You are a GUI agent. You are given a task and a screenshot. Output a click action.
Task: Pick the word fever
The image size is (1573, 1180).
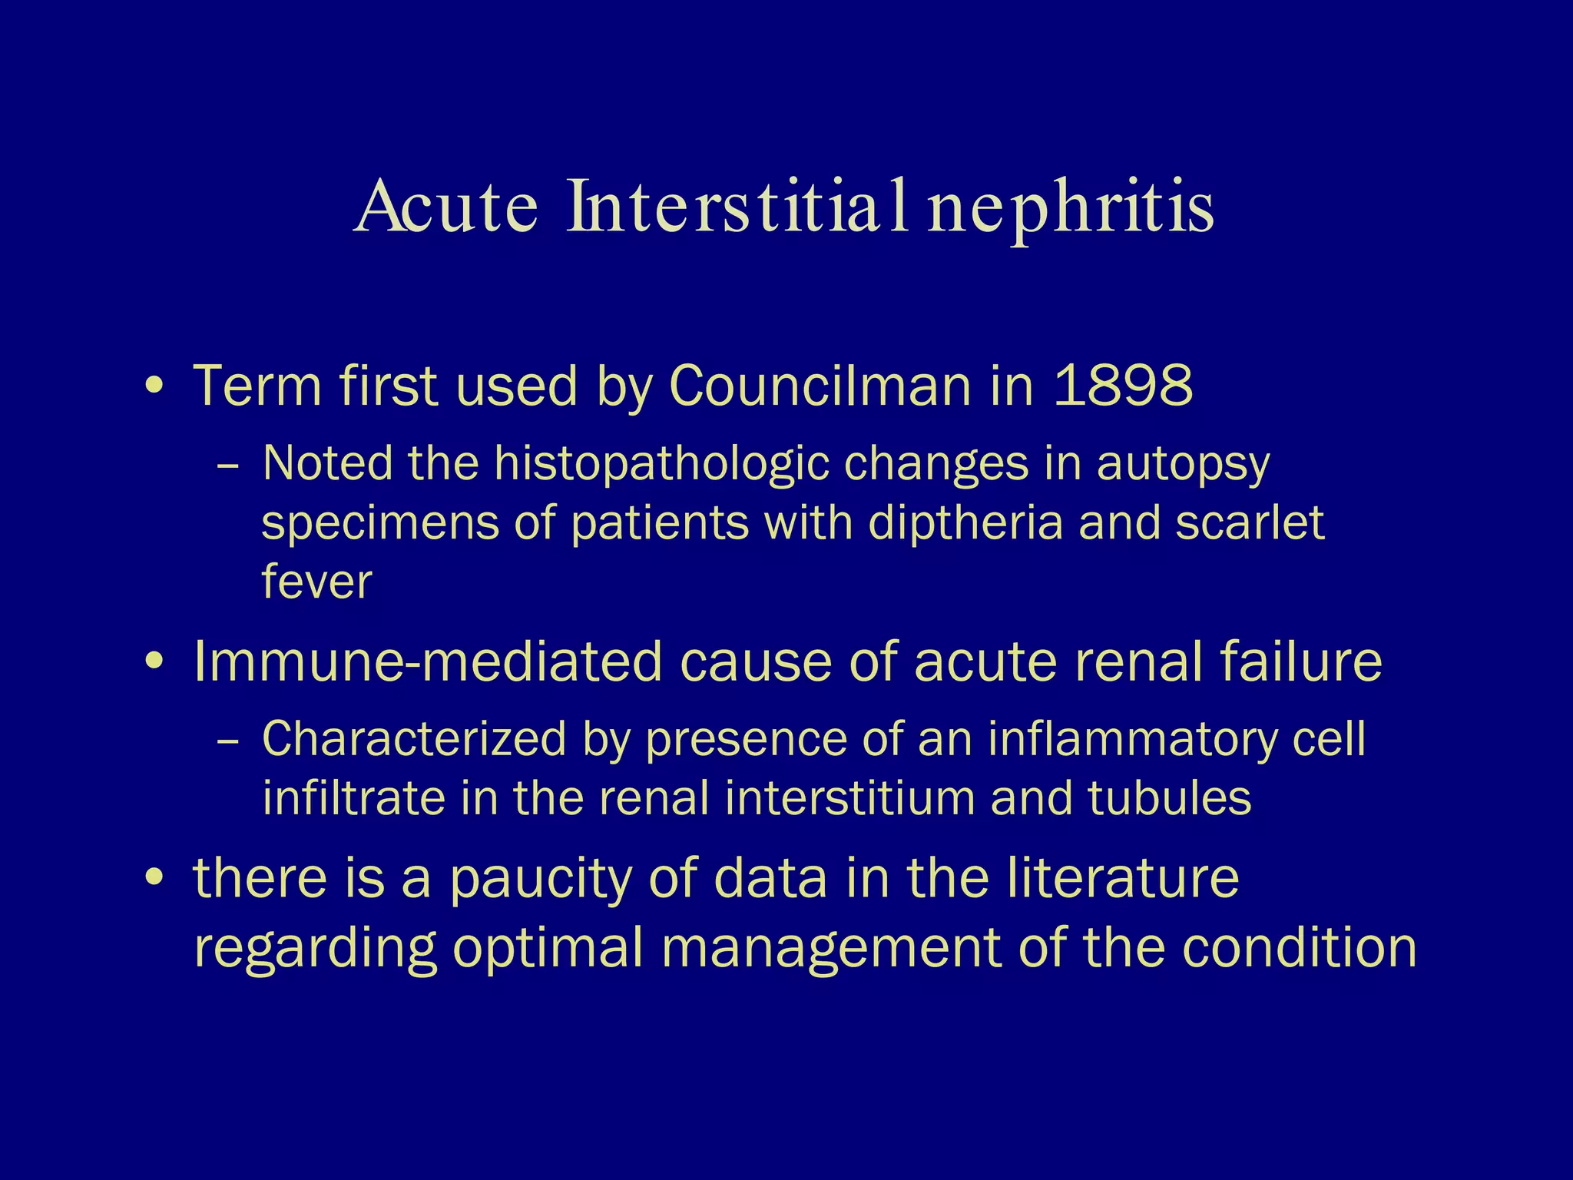click(316, 582)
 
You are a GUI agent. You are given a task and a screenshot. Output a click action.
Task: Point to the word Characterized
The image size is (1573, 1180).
click(414, 740)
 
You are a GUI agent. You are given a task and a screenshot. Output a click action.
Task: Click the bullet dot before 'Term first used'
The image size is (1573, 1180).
click(154, 386)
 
